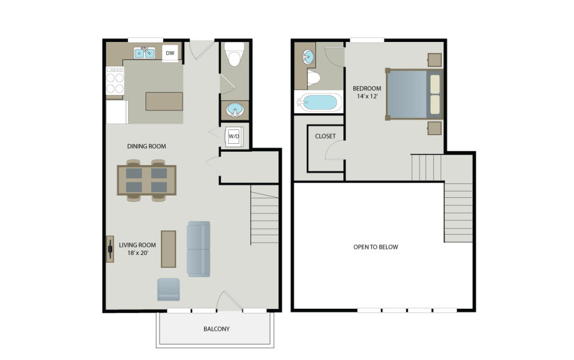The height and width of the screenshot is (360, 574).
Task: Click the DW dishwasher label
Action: [170, 53]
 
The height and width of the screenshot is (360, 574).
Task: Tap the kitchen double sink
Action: [144, 53]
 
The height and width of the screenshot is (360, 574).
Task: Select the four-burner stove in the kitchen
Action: [115, 81]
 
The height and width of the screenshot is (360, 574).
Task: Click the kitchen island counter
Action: [164, 101]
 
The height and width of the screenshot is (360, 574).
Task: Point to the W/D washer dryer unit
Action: [234, 136]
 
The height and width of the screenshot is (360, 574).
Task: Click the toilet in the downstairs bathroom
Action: [235, 56]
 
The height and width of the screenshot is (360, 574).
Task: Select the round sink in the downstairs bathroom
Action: [235, 109]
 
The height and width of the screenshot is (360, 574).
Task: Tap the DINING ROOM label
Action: [147, 147]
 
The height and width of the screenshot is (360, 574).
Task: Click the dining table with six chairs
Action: [147, 180]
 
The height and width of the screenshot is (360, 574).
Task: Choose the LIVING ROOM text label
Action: [137, 245]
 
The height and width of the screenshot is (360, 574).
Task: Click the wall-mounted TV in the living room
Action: [109, 248]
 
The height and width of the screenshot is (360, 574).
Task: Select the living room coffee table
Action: [169, 249]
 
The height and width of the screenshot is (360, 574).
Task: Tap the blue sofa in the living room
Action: [198, 248]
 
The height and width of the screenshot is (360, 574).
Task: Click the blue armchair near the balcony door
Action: [169, 289]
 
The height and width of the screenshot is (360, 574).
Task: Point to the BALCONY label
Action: [216, 329]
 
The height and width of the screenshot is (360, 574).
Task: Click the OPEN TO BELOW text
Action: [376, 247]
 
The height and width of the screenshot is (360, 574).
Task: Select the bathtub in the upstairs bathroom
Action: [317, 103]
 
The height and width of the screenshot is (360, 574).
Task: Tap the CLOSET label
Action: [326, 136]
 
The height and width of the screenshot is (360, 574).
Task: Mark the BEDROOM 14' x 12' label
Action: [367, 92]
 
